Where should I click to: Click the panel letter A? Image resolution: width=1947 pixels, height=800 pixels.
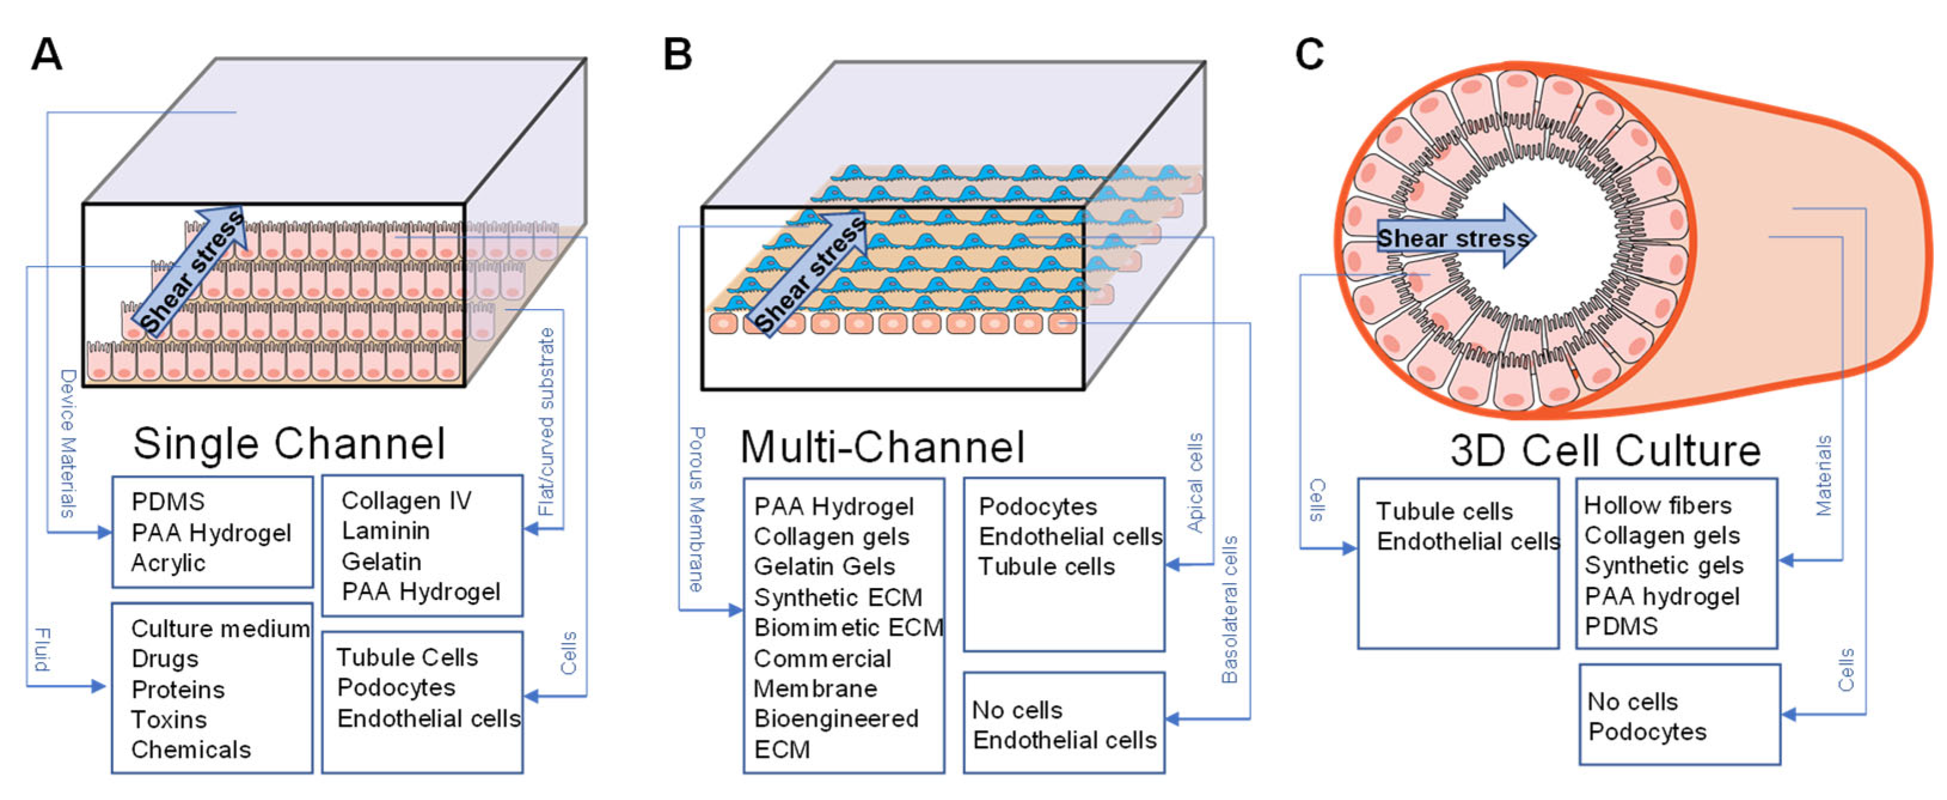[46, 54]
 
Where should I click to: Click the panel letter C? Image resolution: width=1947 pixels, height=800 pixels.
[1309, 54]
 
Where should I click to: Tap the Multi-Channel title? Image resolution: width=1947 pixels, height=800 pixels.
[882, 447]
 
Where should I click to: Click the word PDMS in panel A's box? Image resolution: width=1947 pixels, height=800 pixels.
[168, 502]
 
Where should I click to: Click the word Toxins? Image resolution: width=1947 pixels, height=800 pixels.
[168, 719]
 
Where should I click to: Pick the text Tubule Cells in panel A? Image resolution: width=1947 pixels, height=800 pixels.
[407, 658]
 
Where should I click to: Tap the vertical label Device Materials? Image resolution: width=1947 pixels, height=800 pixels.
[68, 443]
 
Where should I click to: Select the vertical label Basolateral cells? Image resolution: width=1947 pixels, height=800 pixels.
[1229, 609]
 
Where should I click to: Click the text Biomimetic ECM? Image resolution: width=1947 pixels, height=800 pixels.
[848, 627]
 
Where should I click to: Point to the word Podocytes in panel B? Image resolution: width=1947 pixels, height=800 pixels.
[1037, 507]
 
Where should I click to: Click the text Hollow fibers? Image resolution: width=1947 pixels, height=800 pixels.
[1657, 505]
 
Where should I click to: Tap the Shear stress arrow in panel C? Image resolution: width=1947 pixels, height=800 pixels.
[1454, 237]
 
